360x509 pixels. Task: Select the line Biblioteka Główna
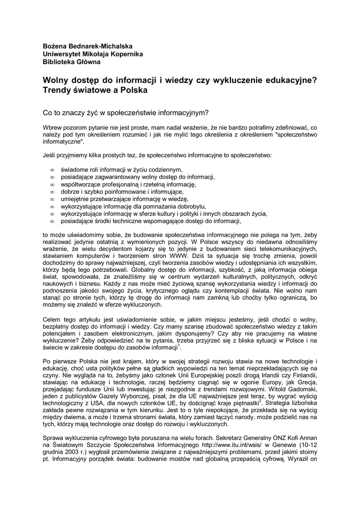pyautogui.click(x=72, y=62)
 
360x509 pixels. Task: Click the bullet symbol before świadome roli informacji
pyautogui.click(x=52, y=170)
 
